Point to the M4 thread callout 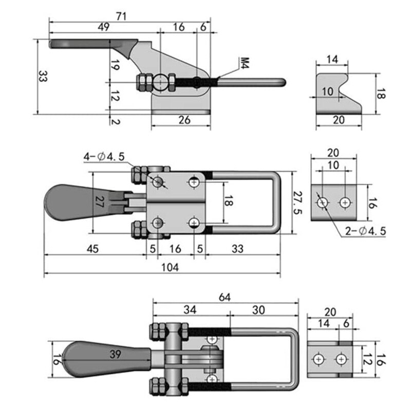tap(244, 64)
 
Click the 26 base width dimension tap(184, 120)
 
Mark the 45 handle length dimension tap(92, 249)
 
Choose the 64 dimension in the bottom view tap(225, 297)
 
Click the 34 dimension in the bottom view tap(190, 310)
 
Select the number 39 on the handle tap(116, 353)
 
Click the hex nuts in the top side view tap(143, 82)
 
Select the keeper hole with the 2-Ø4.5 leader tap(323, 202)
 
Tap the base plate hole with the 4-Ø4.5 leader tap(158, 181)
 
